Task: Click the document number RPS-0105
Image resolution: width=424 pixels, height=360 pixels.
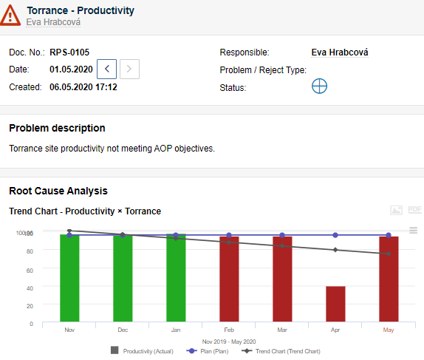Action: point(69,52)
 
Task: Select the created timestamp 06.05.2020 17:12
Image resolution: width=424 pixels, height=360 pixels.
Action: point(83,86)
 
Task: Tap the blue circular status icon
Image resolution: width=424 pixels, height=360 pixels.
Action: point(319,86)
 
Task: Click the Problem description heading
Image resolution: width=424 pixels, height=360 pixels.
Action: point(57,128)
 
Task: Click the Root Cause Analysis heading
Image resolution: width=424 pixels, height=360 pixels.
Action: point(58,191)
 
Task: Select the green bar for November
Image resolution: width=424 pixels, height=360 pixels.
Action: point(69,279)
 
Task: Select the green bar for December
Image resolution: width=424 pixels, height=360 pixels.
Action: point(123,279)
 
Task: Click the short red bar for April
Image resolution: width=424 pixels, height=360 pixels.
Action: point(335,305)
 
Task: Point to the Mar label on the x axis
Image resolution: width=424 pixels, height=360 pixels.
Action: point(282,330)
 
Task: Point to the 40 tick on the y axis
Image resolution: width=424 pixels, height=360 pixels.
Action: point(29,287)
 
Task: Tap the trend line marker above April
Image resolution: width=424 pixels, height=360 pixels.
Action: point(335,250)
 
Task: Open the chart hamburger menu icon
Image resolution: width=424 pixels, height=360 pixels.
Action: point(413,230)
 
